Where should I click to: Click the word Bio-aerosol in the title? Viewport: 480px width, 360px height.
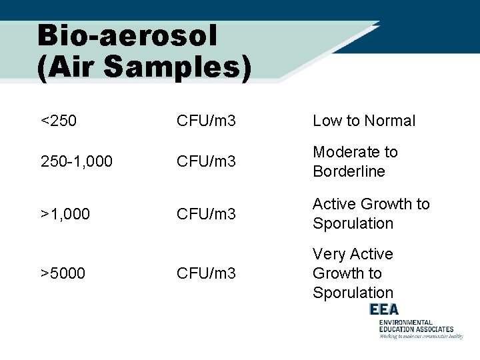click(x=127, y=37)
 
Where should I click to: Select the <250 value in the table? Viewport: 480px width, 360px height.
click(x=59, y=121)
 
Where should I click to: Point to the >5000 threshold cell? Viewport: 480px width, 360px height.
click(x=63, y=273)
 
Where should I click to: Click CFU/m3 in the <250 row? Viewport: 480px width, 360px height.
click(x=206, y=121)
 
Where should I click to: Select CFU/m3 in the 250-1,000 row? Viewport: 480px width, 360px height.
click(x=206, y=161)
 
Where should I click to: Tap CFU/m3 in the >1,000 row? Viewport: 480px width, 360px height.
click(x=206, y=213)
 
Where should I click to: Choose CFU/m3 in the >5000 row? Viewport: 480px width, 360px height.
click(x=206, y=273)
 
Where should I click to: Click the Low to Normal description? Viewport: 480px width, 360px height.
click(x=364, y=121)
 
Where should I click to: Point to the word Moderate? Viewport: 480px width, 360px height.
click(x=346, y=152)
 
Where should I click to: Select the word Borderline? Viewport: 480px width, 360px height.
click(x=349, y=171)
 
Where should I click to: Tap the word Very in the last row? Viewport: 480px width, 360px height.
click(x=328, y=254)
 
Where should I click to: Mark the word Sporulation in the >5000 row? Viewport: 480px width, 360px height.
click(x=353, y=293)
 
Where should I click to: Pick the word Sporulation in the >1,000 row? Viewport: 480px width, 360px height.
click(x=353, y=223)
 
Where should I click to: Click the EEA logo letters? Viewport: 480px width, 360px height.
click(x=384, y=309)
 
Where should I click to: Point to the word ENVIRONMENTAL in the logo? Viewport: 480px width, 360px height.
click(x=406, y=322)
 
